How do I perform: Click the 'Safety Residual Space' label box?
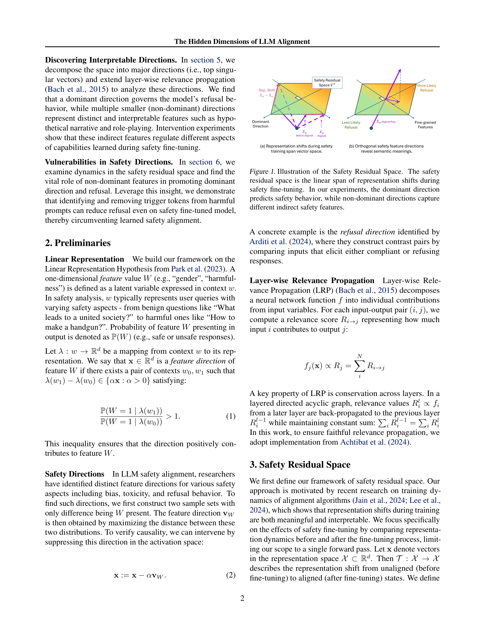[x=327, y=83]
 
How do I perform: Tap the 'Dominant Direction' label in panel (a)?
[x=260, y=124]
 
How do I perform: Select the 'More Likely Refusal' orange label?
[x=426, y=88]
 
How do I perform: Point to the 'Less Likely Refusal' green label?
[x=351, y=125]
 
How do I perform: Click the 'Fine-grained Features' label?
[x=425, y=125]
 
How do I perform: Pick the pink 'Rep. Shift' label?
[x=266, y=90]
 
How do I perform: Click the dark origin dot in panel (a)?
[x=297, y=128]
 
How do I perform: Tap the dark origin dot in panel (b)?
[x=371, y=128]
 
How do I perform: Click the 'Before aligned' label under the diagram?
[x=305, y=136]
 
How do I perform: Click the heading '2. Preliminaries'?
[x=78, y=243]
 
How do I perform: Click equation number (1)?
[x=231, y=416]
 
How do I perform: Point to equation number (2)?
[x=231, y=575]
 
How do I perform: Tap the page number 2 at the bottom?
[x=242, y=598]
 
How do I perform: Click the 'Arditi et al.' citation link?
[x=268, y=242]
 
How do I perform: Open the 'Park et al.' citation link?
[x=186, y=269]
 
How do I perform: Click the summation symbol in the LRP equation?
[x=359, y=366]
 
